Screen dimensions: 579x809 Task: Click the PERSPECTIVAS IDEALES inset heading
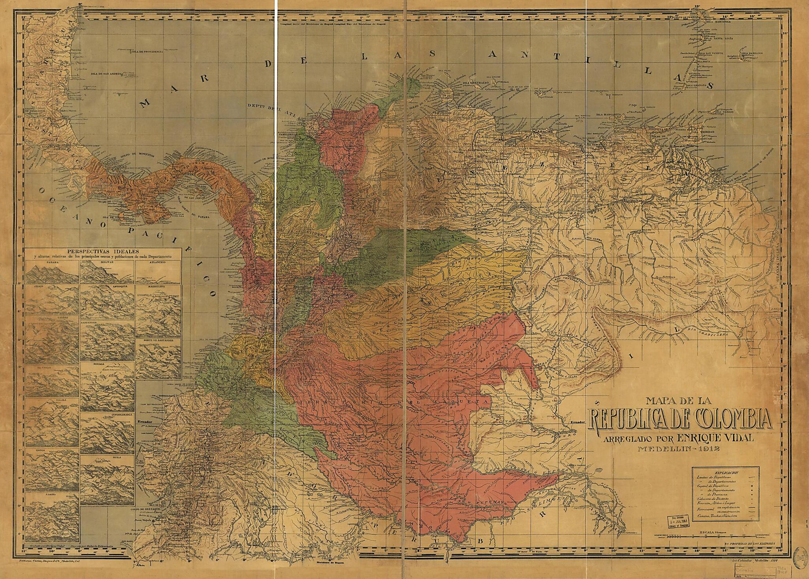[x=102, y=251]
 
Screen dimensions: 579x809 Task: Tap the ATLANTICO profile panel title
[x=157, y=262]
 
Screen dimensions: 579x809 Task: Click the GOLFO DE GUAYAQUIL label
[x=149, y=510]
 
